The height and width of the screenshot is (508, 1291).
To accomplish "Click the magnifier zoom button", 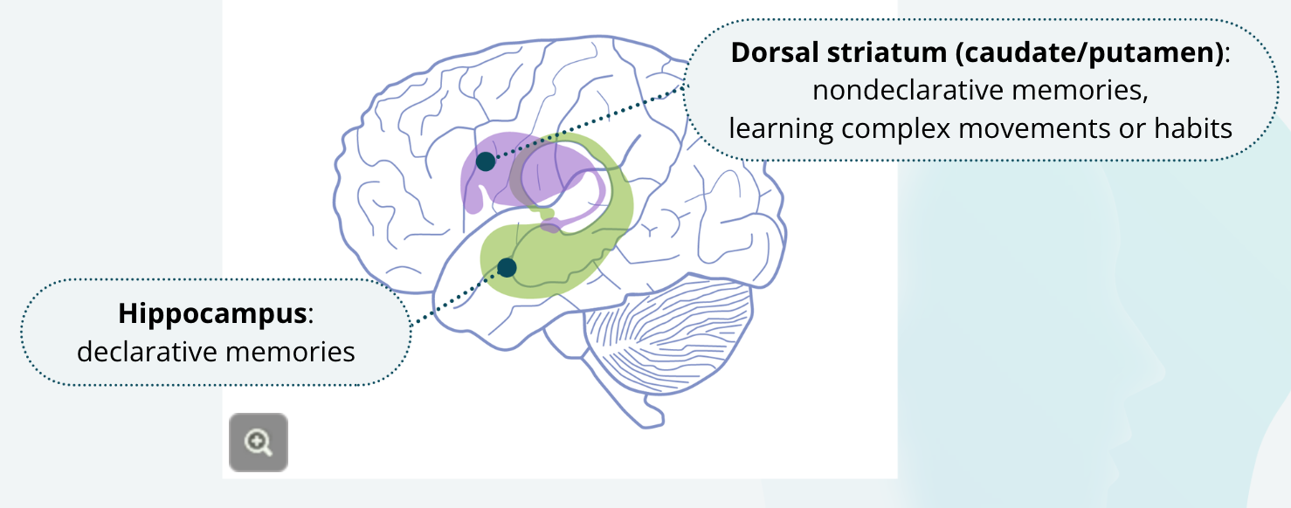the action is click(259, 443).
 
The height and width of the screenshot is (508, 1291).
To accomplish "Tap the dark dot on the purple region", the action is click(486, 161).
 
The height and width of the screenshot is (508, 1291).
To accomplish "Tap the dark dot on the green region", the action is click(507, 267).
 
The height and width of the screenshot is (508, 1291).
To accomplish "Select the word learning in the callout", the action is click(781, 128).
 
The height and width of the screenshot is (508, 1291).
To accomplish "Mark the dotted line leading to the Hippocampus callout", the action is click(454, 298).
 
